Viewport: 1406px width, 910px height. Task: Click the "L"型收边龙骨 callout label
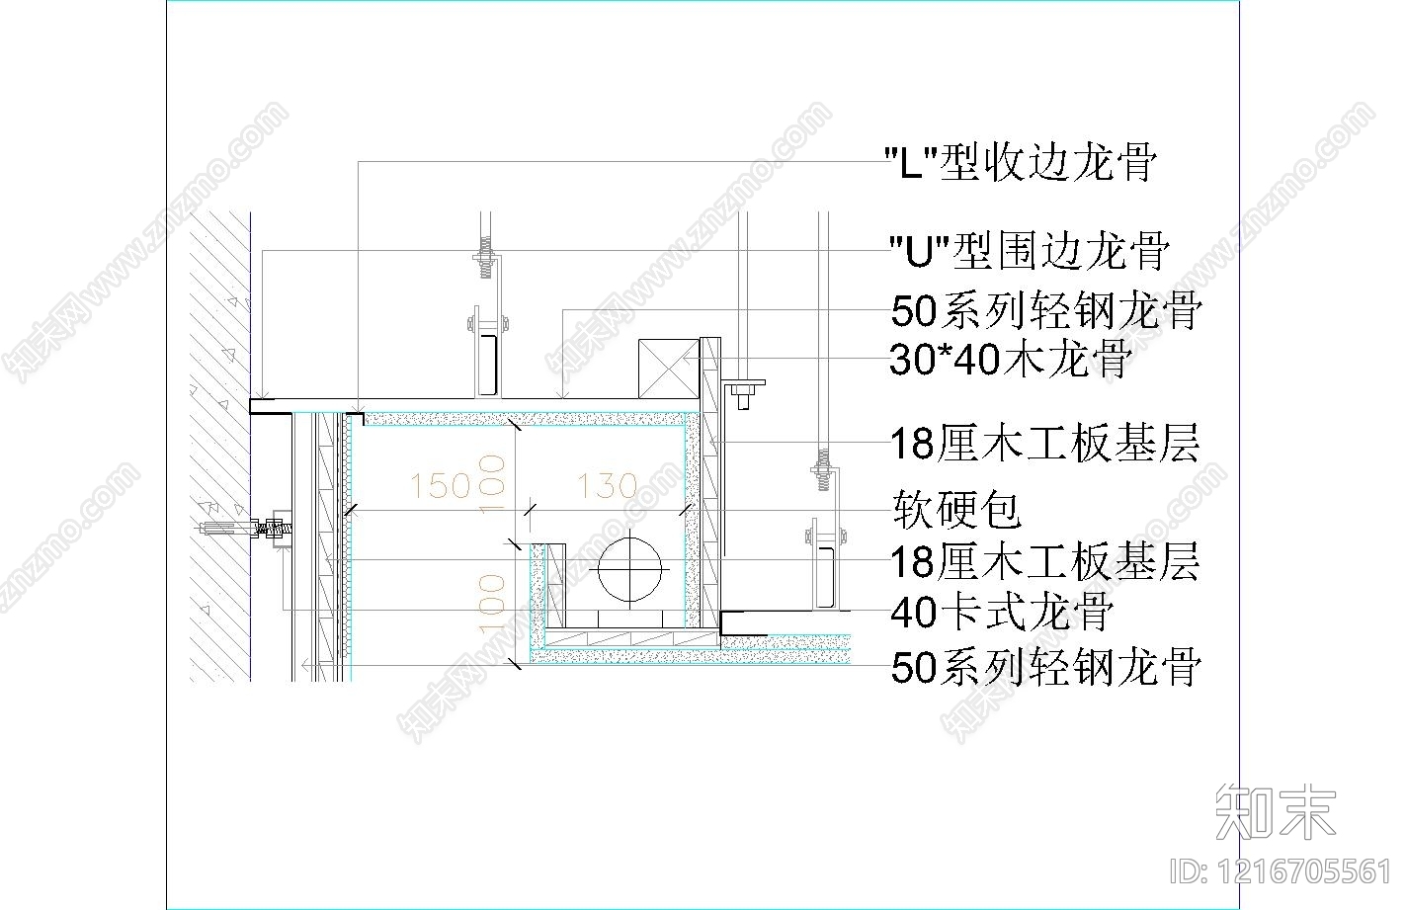coord(1018,161)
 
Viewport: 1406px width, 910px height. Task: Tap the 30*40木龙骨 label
coord(1009,360)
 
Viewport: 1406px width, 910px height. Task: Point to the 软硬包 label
coord(955,510)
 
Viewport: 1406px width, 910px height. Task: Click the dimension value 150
coord(440,485)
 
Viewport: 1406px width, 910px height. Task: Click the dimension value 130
coord(607,485)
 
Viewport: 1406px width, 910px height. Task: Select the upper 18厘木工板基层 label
coord(1044,444)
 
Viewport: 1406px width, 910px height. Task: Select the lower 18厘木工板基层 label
coord(1044,561)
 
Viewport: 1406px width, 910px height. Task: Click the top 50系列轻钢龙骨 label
coord(1045,310)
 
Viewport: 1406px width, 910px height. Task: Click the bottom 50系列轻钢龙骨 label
coord(1045,668)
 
